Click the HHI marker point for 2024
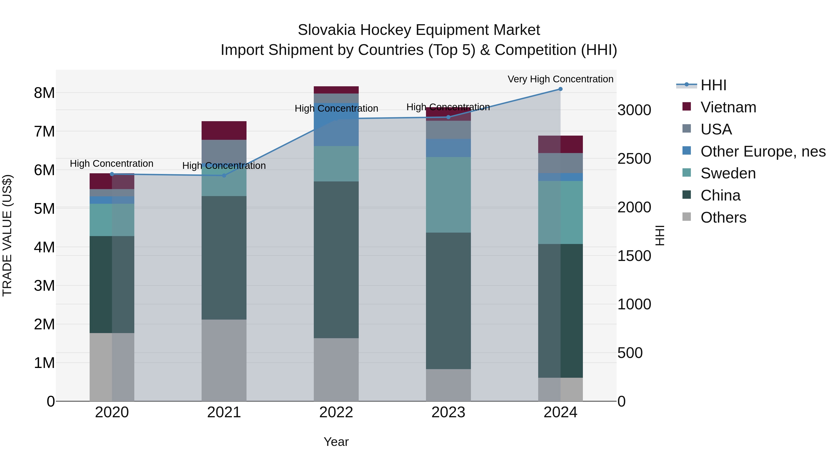coord(560,89)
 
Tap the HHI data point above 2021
coord(224,176)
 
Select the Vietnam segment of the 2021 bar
coord(224,130)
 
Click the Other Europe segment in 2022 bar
coord(336,130)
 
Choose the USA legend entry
coord(716,129)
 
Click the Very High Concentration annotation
coord(560,79)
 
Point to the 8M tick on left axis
coord(44,93)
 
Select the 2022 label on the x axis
coord(336,412)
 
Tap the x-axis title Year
coord(336,442)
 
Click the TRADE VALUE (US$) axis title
coord(7,235)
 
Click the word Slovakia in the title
coord(327,30)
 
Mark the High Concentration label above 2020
coord(112,164)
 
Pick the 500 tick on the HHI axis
coord(630,353)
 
